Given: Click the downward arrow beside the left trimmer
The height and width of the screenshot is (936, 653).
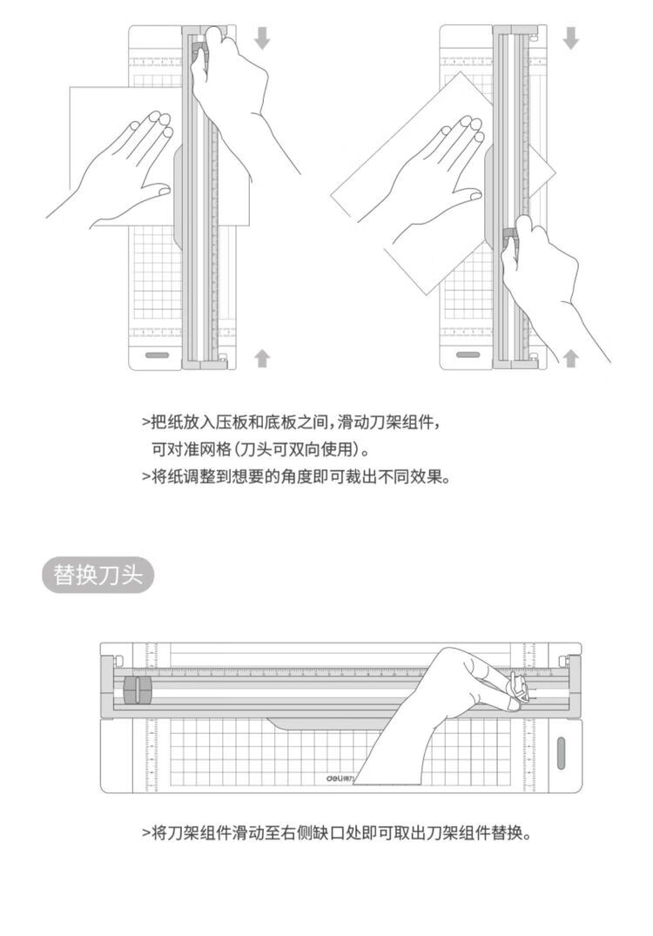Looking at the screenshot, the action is coord(262,37).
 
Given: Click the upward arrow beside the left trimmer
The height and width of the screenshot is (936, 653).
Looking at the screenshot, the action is coord(262,358).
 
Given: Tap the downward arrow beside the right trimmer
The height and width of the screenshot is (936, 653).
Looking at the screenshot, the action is coord(571,37).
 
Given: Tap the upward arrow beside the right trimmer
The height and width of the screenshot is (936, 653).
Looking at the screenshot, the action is coord(571,358).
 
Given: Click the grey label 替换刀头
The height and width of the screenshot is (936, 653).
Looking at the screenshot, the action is coord(98,576).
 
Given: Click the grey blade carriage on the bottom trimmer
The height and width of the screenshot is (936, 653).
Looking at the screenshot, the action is coord(138,690).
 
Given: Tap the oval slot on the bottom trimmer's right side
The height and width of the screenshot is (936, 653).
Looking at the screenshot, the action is coord(561,753).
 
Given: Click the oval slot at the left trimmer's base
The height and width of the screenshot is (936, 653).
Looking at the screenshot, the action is coord(158,355).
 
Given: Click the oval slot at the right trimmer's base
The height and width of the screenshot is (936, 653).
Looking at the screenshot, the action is coord(468,355).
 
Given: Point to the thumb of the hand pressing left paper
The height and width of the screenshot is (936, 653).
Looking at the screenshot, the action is coord(153,192).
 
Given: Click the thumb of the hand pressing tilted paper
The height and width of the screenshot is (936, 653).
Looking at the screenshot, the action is coord(466,195).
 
